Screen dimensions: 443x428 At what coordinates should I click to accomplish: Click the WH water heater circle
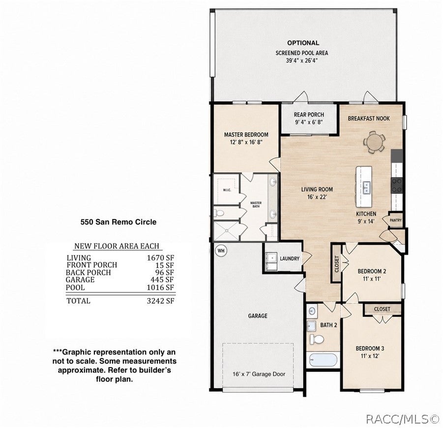click(x=221, y=251)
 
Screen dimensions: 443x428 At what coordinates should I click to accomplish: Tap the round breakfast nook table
click(x=374, y=142)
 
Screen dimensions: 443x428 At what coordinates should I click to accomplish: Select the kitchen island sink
click(x=366, y=187)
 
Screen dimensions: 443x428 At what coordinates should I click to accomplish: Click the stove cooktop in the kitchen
click(x=397, y=185)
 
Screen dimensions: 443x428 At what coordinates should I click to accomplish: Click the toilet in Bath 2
click(x=317, y=339)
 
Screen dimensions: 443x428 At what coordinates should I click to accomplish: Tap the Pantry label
click(x=395, y=220)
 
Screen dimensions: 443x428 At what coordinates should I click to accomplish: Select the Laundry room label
click(x=290, y=258)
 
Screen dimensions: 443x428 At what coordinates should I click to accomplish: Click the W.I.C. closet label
click(x=227, y=190)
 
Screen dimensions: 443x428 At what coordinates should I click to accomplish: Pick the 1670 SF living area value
click(x=160, y=258)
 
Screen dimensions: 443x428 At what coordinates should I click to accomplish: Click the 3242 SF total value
click(x=160, y=301)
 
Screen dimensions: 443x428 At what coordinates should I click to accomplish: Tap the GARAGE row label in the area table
click(x=80, y=280)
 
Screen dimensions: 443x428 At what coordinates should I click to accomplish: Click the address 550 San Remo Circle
click(x=118, y=222)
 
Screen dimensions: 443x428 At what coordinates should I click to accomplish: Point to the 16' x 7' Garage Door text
click(x=259, y=374)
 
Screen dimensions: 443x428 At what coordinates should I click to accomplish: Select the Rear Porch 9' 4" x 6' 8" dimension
click(x=309, y=122)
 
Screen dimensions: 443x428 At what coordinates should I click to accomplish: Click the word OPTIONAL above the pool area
click(x=303, y=43)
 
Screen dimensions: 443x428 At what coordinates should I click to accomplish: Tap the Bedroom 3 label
click(x=370, y=348)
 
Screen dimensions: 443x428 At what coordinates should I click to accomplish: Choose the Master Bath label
click(x=256, y=204)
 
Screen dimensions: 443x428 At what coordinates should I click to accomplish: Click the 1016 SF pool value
click(x=160, y=287)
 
